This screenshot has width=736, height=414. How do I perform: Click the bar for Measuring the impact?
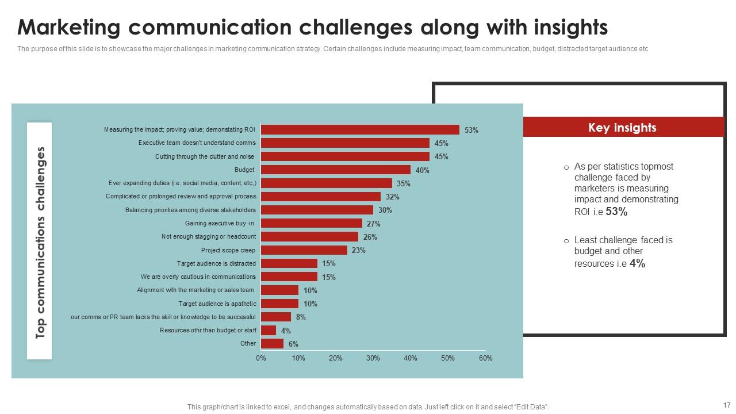(x=360, y=130)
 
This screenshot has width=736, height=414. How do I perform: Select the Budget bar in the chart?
(x=336, y=170)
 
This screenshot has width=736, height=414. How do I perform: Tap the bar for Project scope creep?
(x=304, y=250)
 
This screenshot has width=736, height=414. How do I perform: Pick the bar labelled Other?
(x=272, y=344)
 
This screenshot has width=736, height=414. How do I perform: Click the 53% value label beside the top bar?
(x=471, y=131)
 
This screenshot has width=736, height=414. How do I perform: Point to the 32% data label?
(x=393, y=197)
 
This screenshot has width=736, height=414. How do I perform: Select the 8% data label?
(x=301, y=317)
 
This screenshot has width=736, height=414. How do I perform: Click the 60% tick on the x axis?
(x=485, y=358)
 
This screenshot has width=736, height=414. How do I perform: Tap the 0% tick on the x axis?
(x=261, y=358)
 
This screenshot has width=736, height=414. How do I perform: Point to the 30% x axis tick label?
(x=373, y=358)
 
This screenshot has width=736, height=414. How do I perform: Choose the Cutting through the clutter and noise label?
(x=205, y=156)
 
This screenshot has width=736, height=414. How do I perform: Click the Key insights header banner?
(x=622, y=128)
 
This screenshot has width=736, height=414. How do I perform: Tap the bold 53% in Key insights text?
(x=616, y=212)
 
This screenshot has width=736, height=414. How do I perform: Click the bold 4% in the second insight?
(x=637, y=263)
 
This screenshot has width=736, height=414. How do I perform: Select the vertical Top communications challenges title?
(x=40, y=242)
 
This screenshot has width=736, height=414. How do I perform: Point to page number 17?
(x=725, y=405)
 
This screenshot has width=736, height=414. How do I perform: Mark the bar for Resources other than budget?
(x=269, y=331)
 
